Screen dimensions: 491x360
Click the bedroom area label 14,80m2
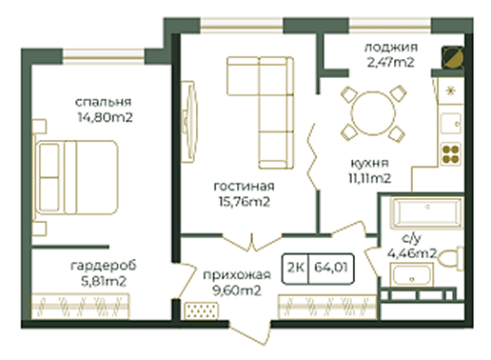pyautogui.click(x=105, y=118)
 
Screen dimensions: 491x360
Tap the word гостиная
pyautogui.click(x=244, y=187)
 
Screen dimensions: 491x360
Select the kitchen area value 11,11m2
pyautogui.click(x=370, y=179)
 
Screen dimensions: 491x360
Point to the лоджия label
pyautogui.click(x=391, y=48)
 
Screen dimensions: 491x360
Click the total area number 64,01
pyautogui.click(x=331, y=268)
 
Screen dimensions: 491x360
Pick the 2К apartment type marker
pyautogui.click(x=296, y=268)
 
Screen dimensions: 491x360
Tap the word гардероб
pyautogui.click(x=104, y=266)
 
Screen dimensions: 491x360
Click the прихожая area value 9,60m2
pyautogui.click(x=237, y=290)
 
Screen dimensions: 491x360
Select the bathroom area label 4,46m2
pyautogui.click(x=412, y=253)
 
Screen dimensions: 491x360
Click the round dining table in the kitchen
pyautogui.click(x=373, y=113)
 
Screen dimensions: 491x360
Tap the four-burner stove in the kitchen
pyautogui.click(x=451, y=154)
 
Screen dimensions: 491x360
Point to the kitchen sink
pyautogui.click(x=451, y=124)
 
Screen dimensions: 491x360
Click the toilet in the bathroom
pyautogui.click(x=451, y=258)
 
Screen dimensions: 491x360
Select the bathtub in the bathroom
pyautogui.click(x=426, y=211)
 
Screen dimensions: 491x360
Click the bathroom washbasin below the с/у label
pyautogui.click(x=411, y=275)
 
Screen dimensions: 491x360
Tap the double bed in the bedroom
pyautogui.click(x=76, y=177)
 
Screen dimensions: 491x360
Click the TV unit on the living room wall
pyautogui.click(x=189, y=122)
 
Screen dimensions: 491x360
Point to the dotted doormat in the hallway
pyautogui.click(x=202, y=310)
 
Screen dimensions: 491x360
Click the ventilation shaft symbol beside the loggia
pyautogui.click(x=453, y=57)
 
